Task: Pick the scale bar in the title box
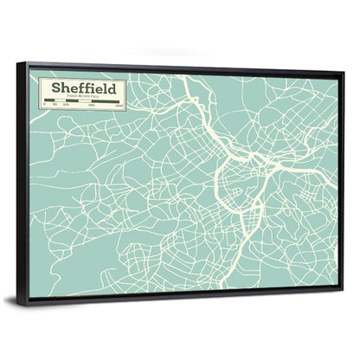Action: pos(82,101)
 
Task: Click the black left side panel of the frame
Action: pos(23,182)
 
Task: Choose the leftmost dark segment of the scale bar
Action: pos(50,101)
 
